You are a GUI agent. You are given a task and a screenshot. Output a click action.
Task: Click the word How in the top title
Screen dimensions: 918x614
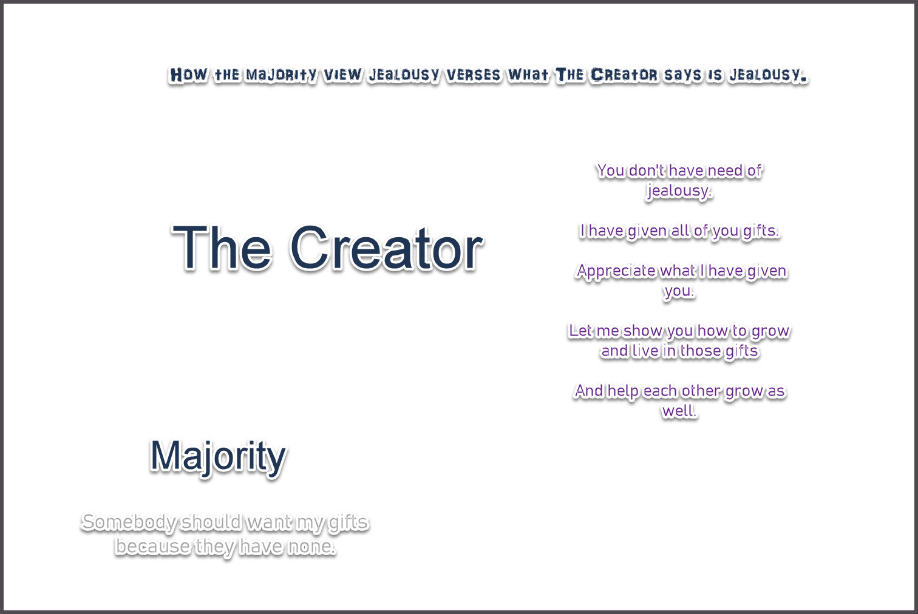coord(188,75)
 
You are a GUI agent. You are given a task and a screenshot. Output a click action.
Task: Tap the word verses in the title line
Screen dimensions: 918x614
coord(474,75)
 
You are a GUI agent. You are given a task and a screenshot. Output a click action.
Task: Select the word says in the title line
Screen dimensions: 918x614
coord(683,75)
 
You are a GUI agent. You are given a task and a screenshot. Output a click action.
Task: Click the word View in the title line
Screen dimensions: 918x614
coord(342,75)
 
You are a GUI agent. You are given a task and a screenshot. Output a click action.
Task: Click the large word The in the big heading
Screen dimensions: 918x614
coord(222,247)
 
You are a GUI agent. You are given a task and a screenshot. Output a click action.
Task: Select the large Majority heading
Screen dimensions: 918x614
coord(218,457)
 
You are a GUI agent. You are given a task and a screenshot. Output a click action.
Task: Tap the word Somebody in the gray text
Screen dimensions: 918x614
coord(129,523)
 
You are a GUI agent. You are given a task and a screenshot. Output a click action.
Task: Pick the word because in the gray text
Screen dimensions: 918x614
coord(153,547)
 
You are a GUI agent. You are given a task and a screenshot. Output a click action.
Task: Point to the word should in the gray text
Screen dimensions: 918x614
coord(211,522)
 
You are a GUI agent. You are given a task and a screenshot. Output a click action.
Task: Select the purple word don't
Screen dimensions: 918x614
coord(646,171)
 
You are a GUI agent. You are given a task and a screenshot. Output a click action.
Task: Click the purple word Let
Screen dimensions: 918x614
coord(580,331)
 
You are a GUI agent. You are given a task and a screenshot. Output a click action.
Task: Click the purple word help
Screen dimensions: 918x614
coord(623,391)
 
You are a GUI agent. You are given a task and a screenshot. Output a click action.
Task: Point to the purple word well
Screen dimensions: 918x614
coord(679,411)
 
